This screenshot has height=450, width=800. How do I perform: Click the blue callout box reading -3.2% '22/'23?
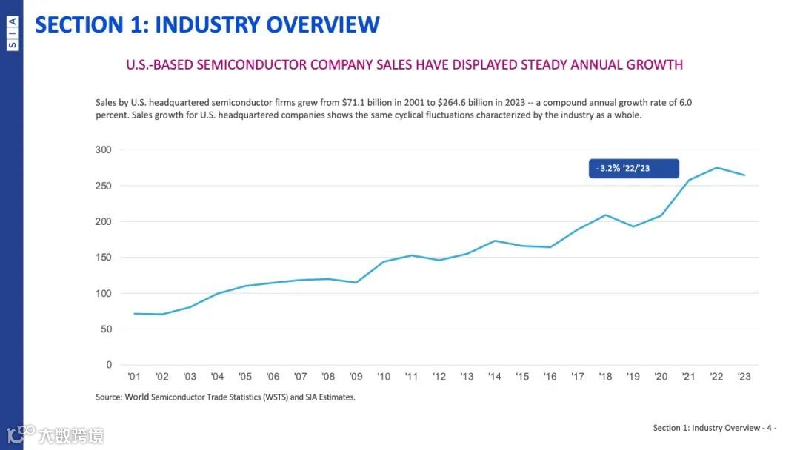(634, 169)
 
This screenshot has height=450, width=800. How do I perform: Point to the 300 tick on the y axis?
(104, 150)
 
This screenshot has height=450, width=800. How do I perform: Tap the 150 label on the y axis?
(104, 258)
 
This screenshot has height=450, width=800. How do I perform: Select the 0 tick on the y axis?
(109, 365)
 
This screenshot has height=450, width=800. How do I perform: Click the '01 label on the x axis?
(134, 377)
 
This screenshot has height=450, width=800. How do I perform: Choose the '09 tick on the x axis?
(356, 377)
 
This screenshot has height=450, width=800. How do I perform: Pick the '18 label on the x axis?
(606, 377)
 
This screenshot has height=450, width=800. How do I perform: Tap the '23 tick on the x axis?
(744, 377)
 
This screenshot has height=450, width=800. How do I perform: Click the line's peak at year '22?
(717, 168)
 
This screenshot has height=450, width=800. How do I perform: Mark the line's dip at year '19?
(633, 226)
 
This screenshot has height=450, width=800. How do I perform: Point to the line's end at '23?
(744, 175)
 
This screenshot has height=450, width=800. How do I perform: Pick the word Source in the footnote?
(108, 397)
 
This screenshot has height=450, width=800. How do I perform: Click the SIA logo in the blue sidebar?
(12, 34)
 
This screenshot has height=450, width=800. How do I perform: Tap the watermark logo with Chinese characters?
(56, 435)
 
